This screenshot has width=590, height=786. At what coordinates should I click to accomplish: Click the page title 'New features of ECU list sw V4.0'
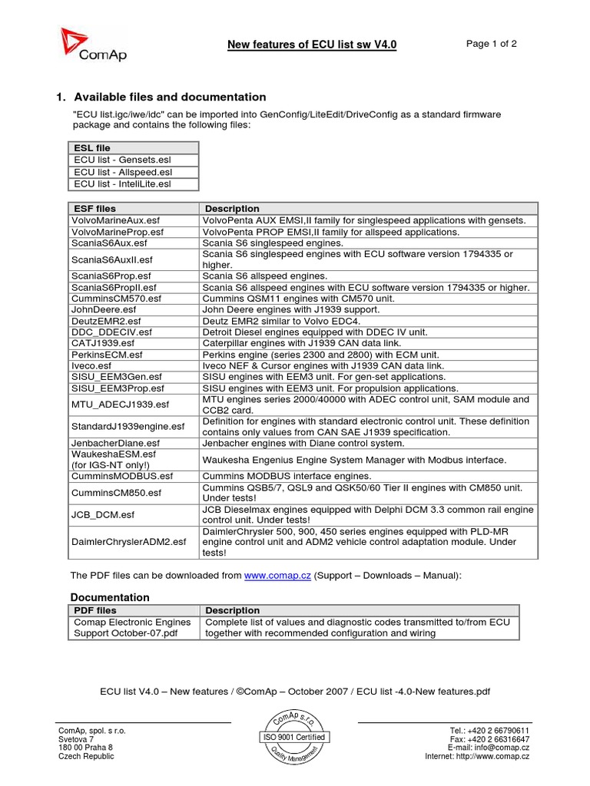tap(312, 45)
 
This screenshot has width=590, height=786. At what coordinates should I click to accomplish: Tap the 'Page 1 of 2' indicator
tap(491, 44)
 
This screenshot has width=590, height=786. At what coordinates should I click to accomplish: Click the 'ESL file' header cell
tap(92, 147)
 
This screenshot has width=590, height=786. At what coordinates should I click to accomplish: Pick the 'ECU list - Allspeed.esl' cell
tap(122, 172)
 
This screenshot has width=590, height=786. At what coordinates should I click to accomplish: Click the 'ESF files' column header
tap(94, 208)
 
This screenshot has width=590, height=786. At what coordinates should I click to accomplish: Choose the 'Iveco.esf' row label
tap(91, 366)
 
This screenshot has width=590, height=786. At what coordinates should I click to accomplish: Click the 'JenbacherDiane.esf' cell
tap(115, 443)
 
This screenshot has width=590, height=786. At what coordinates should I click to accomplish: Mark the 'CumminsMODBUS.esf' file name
tap(122, 476)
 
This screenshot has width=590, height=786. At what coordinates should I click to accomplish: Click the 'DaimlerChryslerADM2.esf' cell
tap(128, 541)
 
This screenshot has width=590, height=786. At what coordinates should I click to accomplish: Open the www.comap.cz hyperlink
tap(277, 576)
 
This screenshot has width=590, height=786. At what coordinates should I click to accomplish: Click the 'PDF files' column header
tap(94, 610)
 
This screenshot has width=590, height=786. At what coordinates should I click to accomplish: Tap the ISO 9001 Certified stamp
tap(294, 737)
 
